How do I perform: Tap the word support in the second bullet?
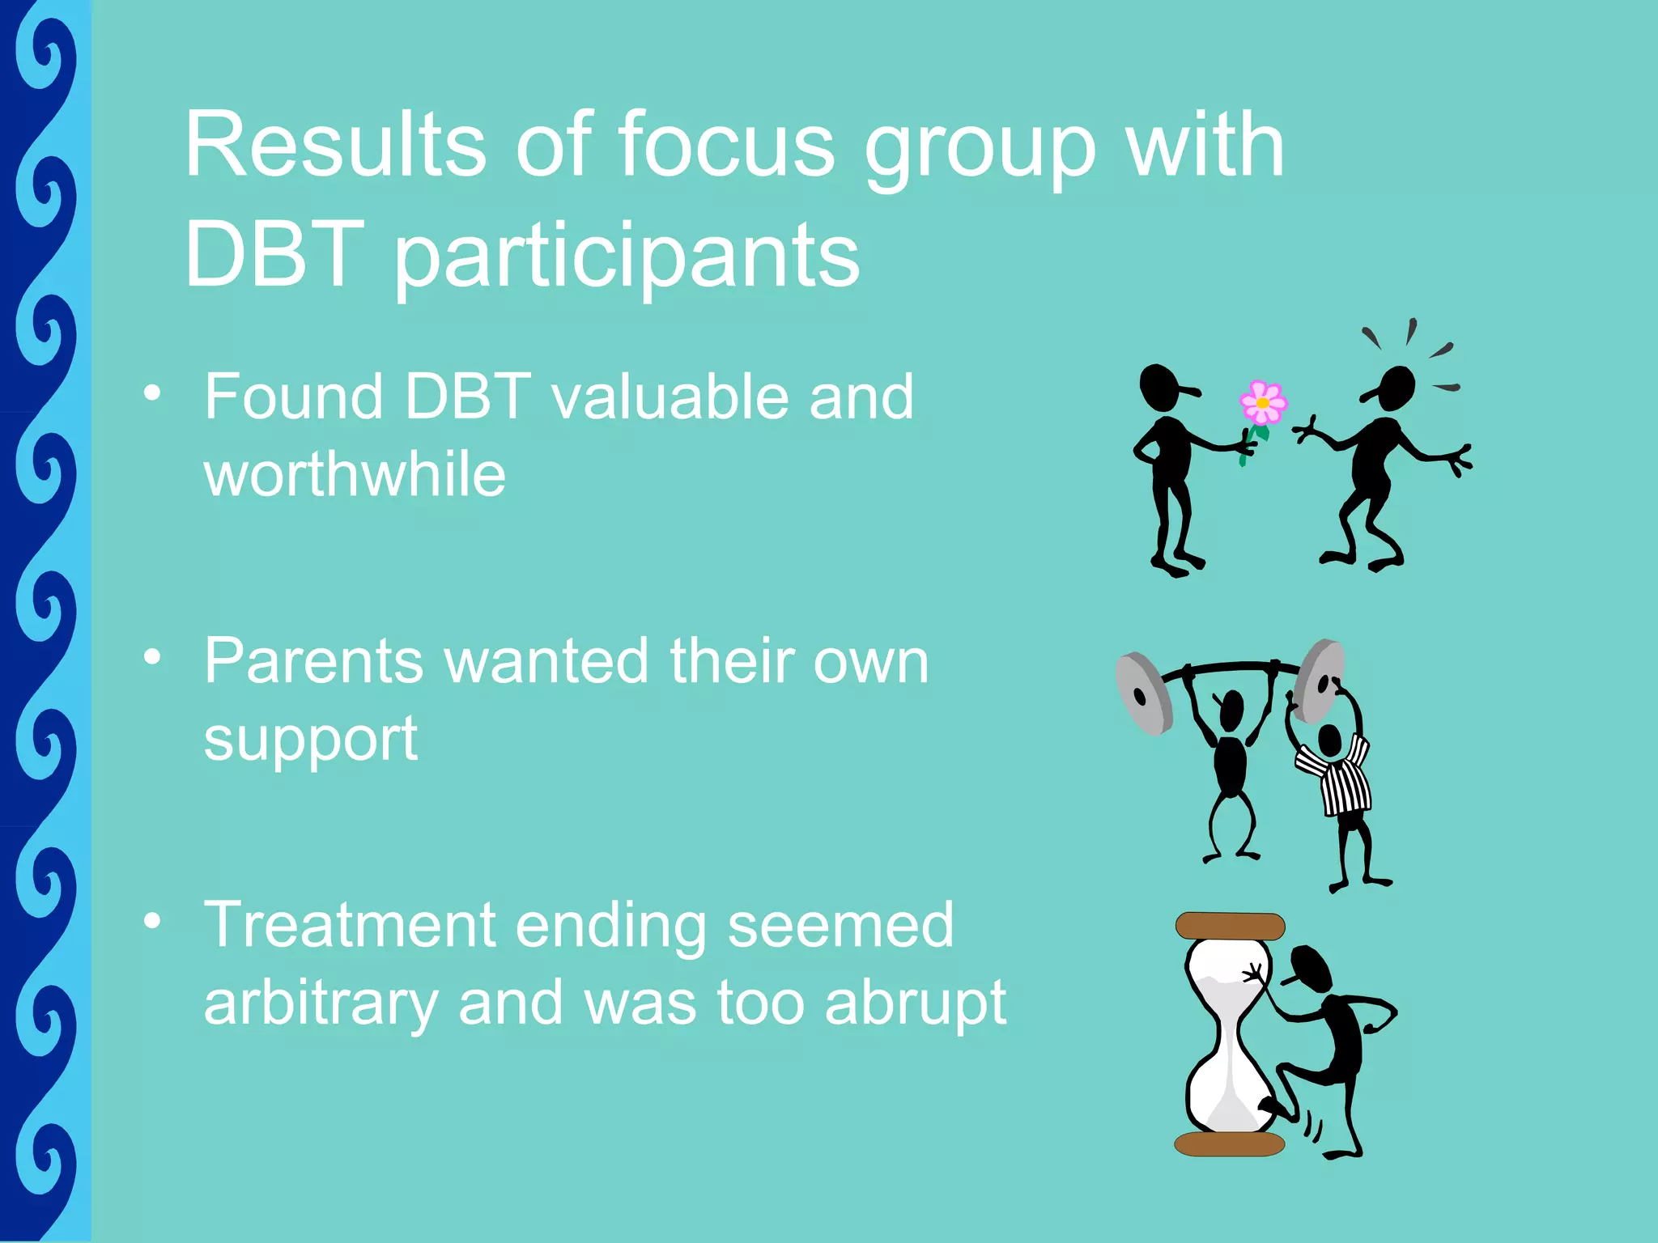(x=310, y=740)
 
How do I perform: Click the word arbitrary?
(x=320, y=1003)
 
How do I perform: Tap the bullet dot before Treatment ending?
(x=151, y=922)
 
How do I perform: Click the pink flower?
(x=1262, y=403)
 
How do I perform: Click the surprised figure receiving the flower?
(x=1376, y=461)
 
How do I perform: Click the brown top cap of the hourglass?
(x=1230, y=926)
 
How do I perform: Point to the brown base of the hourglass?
(x=1229, y=1143)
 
